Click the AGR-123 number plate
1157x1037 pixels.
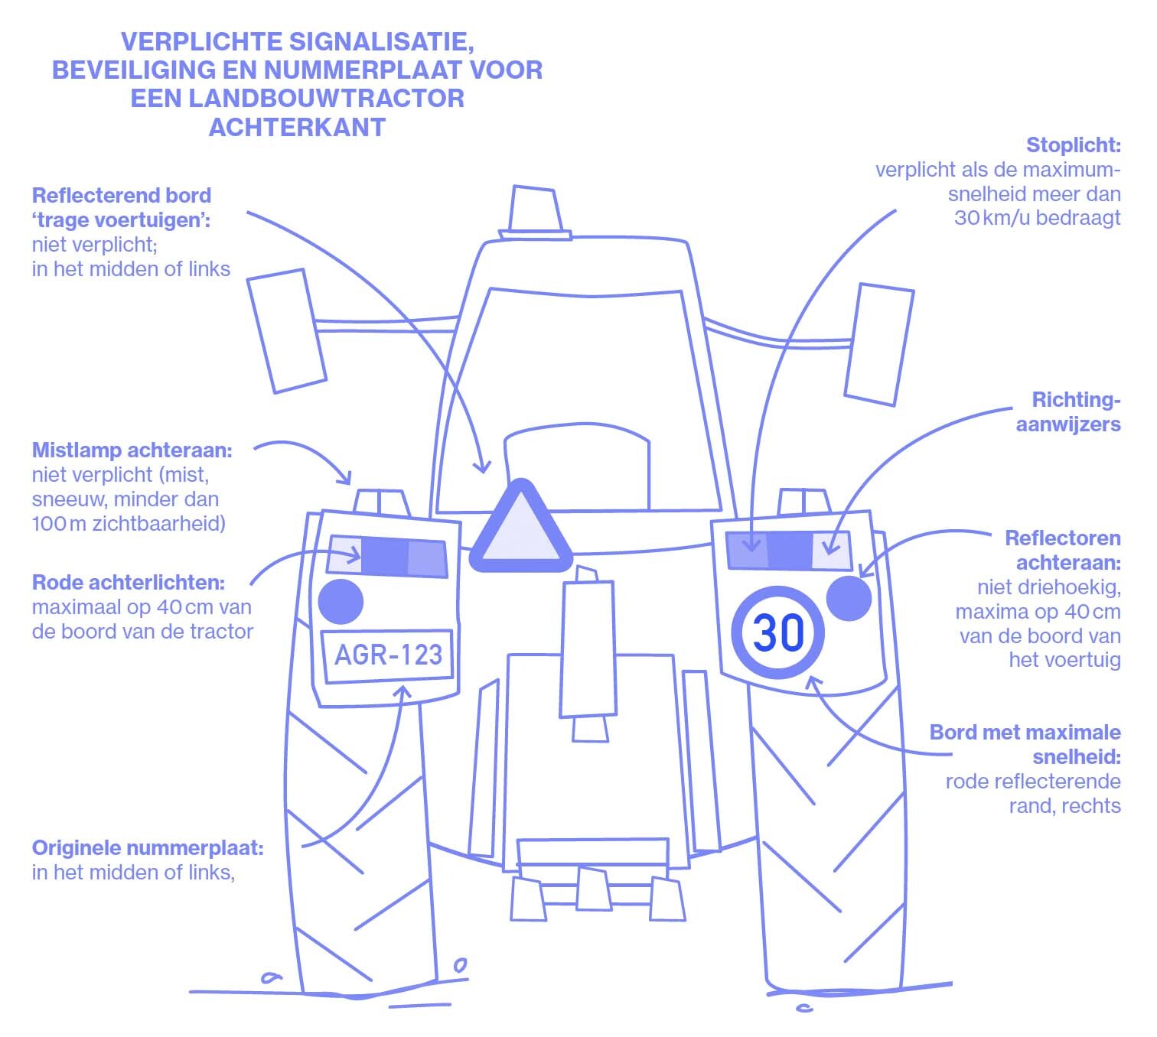pyautogui.click(x=388, y=655)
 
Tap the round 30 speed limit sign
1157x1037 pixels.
pyautogui.click(x=778, y=633)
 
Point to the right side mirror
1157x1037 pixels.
pyautogui.click(x=879, y=344)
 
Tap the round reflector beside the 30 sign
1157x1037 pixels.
pyautogui.click(x=849, y=598)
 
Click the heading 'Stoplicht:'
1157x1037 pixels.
pyautogui.click(x=1073, y=145)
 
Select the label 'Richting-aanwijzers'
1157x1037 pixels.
pyautogui.click(x=1069, y=412)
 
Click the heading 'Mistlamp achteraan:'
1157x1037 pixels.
pyautogui.click(x=132, y=450)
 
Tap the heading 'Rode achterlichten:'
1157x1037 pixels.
pyautogui.click(x=129, y=583)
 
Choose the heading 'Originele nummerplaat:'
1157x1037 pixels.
pyautogui.click(x=148, y=848)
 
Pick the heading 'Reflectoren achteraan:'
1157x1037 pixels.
pyautogui.click(x=1063, y=550)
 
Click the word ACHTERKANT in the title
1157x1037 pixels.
pyautogui.click(x=297, y=127)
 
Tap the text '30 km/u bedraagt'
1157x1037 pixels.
pyautogui.click(x=1037, y=218)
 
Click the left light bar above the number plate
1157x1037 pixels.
pyautogui.click(x=387, y=556)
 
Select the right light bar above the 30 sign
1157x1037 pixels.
pyautogui.click(x=788, y=550)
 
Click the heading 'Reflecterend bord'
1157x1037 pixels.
pyautogui.click(x=122, y=196)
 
